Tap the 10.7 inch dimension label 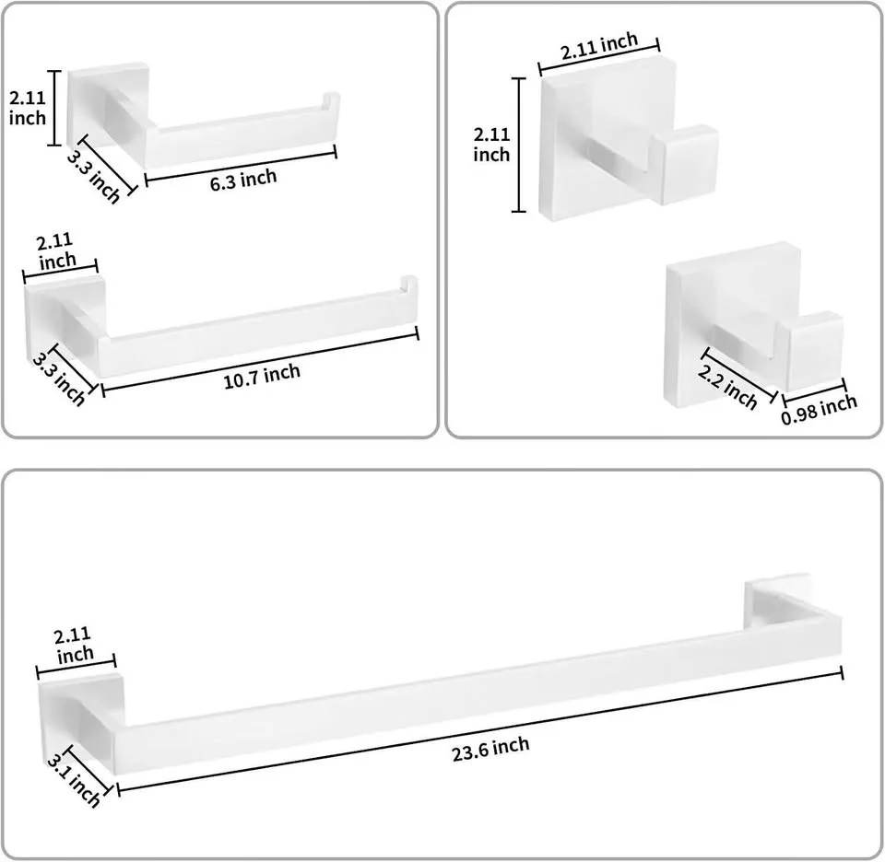point(262,375)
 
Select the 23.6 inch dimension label point(490,748)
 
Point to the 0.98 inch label point(819,408)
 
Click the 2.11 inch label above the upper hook point(600,44)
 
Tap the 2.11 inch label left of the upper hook point(491,144)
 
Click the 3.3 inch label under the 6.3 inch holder point(94,175)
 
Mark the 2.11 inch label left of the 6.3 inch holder point(27,107)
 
